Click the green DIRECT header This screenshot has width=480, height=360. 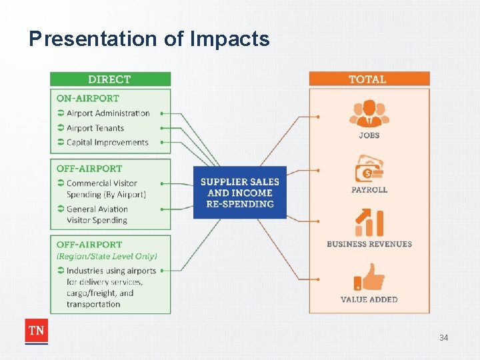110,79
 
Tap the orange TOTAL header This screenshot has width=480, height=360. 368,79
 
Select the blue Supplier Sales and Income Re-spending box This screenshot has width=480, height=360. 240,193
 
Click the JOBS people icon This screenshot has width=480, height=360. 369,113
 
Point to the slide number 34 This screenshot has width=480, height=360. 443,338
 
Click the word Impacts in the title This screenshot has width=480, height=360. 230,39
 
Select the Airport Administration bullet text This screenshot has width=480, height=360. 108,113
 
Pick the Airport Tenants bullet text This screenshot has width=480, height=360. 95,128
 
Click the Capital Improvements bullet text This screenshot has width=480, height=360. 107,142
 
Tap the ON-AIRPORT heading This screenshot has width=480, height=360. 87,98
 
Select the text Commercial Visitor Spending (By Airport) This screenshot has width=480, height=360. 105,189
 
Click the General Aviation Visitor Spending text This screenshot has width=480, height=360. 97,215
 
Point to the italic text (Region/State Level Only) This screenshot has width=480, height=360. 107,256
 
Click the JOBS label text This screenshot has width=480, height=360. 369,135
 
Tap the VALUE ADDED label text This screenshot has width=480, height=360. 369,300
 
